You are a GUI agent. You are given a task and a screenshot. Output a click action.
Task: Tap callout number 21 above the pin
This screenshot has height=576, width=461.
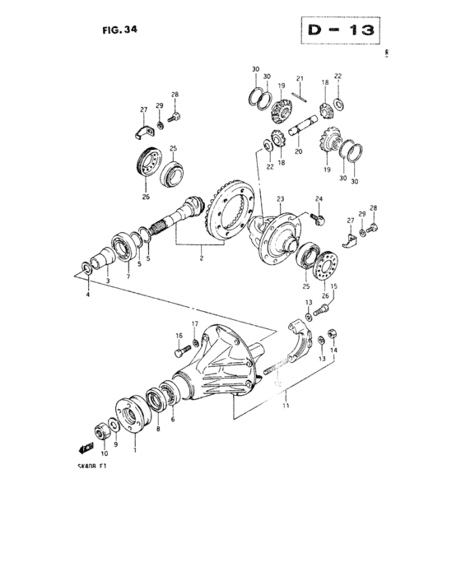tap(300, 80)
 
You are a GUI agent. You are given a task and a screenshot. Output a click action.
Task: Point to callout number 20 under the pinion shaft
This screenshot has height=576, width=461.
tap(298, 151)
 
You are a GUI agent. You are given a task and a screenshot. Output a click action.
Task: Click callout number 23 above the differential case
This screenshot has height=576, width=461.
tap(280, 199)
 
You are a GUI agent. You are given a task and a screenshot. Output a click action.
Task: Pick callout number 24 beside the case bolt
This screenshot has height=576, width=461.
tap(319, 199)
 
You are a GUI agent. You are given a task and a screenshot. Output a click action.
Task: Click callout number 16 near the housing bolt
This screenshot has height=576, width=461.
tap(178, 336)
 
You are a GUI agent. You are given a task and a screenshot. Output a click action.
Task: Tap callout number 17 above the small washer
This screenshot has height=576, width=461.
tap(195, 323)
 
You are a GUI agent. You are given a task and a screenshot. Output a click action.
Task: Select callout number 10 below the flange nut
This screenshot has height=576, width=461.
tap(104, 453)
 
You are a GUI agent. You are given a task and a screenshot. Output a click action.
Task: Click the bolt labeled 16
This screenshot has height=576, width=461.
tap(182, 353)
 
